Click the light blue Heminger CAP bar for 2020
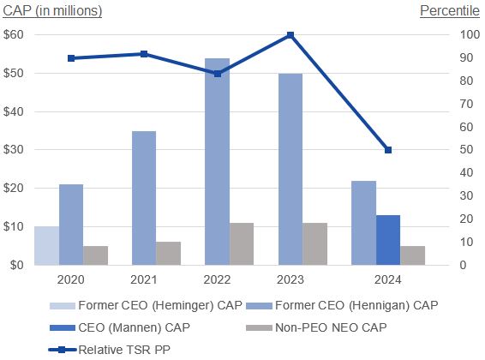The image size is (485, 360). pos(46,246)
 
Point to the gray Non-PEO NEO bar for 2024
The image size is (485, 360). pos(412,255)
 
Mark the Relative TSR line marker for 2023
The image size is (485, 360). pos(290,35)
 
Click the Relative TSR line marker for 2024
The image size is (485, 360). pos(387,150)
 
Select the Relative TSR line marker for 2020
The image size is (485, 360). pos(71,58)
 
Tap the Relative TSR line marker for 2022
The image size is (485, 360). pos(217,74)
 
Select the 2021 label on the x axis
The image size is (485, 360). pos(144,279)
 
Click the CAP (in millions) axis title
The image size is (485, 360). pos(51,11)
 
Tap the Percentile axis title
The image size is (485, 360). pos(450,11)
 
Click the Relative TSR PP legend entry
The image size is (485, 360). pos(120,350)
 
